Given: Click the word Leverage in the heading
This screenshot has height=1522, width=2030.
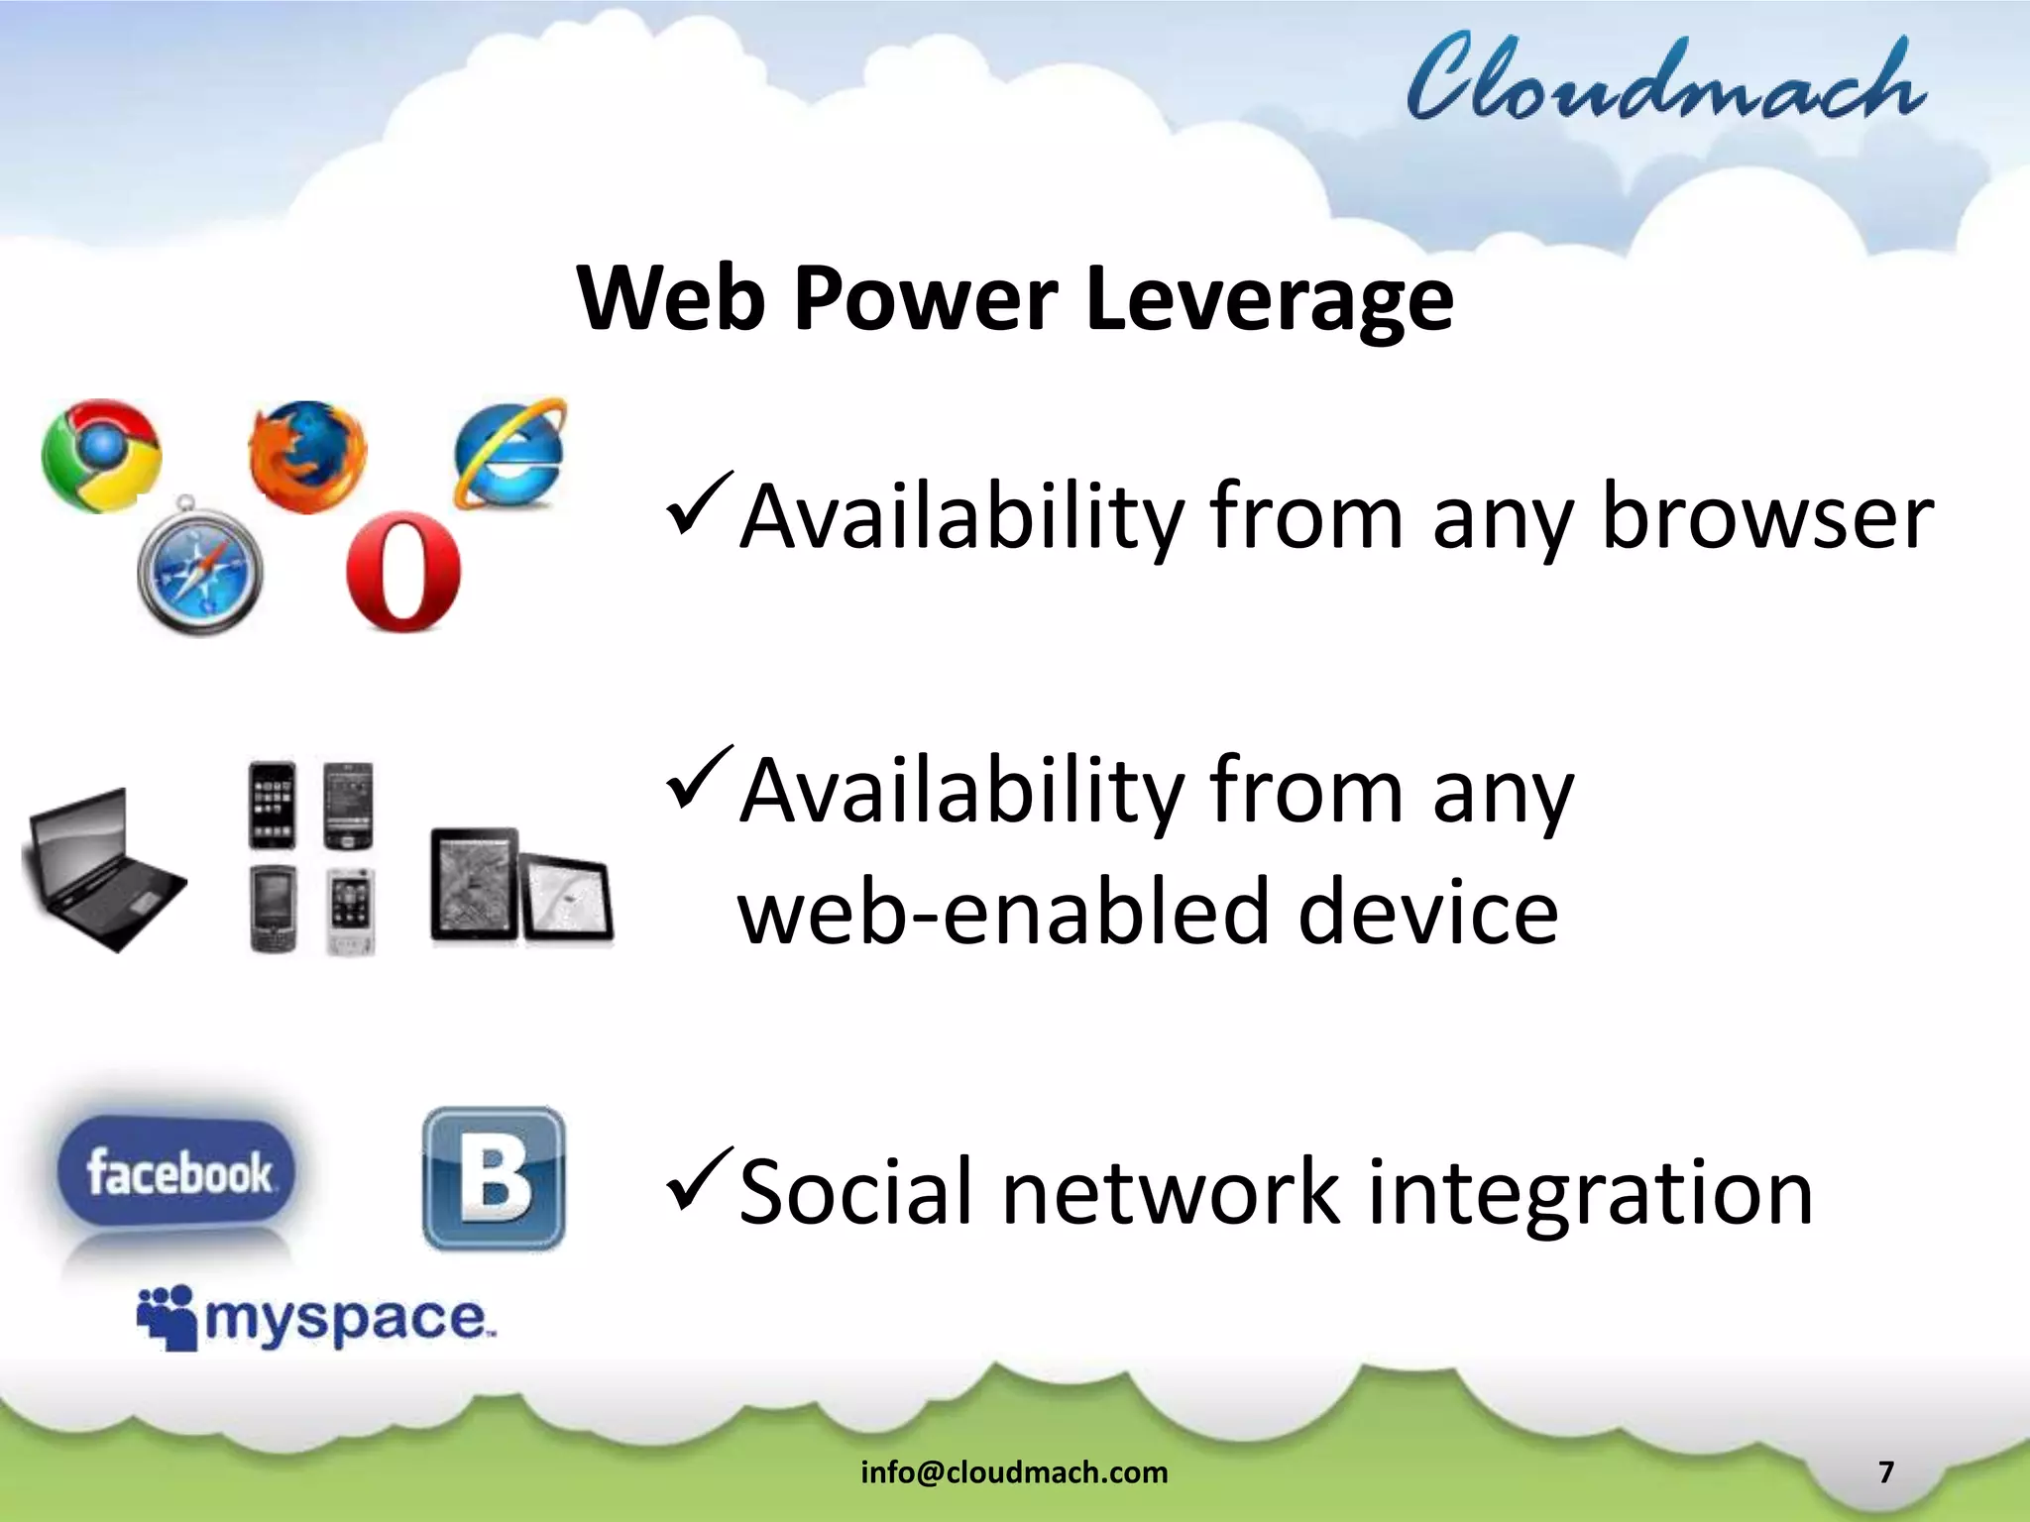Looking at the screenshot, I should click(x=1269, y=299).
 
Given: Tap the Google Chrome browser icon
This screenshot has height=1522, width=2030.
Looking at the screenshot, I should click(x=101, y=456).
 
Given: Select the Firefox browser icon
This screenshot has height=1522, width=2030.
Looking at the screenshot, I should click(x=306, y=456).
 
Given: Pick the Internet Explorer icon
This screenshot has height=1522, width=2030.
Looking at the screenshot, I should click(x=510, y=454).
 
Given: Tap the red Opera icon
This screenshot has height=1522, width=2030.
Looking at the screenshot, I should click(x=403, y=572).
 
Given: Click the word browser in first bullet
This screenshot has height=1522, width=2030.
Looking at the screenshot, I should click(x=1767, y=516).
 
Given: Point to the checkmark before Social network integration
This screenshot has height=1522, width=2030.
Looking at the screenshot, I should click(x=700, y=1181).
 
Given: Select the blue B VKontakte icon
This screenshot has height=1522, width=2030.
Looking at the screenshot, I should click(x=494, y=1178).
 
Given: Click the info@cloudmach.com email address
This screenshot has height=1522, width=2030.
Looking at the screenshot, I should click(x=1014, y=1472).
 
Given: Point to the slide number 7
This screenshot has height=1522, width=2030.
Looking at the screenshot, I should click(x=1886, y=1472).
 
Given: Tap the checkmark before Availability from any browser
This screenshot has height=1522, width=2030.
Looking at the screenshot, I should click(x=700, y=502).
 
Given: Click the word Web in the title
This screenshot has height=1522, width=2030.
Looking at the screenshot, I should click(x=671, y=299).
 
